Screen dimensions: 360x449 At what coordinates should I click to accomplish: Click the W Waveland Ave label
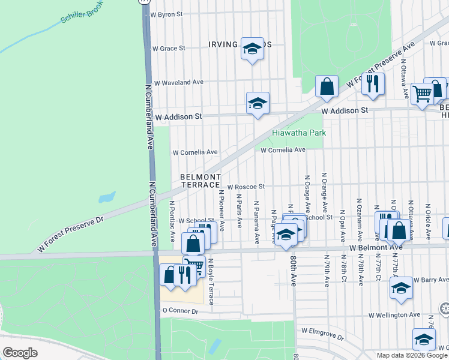pos(179,83)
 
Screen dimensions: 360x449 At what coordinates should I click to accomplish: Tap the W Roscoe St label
pos(246,187)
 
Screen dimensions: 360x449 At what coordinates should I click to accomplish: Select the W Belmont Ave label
pos(376,247)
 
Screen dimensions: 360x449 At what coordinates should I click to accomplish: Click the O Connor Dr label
pos(180,311)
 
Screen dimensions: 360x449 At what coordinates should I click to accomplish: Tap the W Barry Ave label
pos(430,280)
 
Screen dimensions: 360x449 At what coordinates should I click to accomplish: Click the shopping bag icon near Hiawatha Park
pos(327,86)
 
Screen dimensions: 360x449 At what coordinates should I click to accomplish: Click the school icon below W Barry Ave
pos(400,288)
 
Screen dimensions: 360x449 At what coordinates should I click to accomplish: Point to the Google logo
pos(20,352)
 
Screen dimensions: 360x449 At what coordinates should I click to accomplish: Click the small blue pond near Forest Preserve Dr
pos(106,197)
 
